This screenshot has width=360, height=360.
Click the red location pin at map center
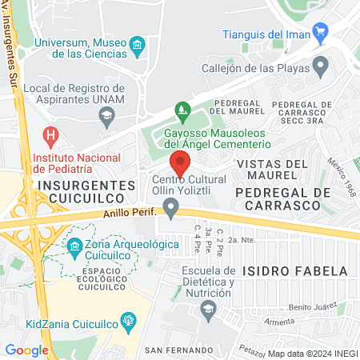pos(180,162)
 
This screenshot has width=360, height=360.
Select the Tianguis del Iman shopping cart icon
pos(321,33)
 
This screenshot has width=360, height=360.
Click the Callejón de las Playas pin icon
pos(321,65)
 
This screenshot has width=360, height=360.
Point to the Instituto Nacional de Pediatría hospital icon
pos(52,134)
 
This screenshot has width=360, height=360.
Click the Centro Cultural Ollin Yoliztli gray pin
pos(170,209)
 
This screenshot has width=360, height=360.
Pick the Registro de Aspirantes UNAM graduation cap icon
pos(106,117)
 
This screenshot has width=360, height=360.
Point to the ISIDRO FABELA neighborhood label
pos(304,270)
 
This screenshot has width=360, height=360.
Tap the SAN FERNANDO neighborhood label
pos(178,350)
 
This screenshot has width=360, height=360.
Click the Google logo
pos(26,350)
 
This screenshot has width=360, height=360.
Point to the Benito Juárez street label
pos(310,306)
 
